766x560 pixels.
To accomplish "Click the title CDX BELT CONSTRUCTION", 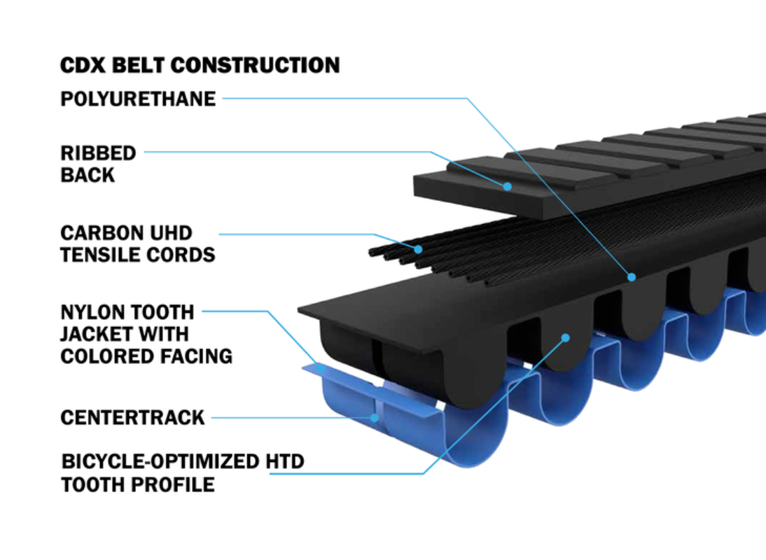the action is tap(200, 65).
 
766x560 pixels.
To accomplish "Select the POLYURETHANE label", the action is tap(138, 99).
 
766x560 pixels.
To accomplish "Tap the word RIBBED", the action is tap(98, 153).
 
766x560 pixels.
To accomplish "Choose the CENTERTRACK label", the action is tap(132, 417).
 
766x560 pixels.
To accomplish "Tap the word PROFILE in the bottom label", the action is tap(174, 485).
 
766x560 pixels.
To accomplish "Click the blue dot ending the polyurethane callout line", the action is tap(632, 277).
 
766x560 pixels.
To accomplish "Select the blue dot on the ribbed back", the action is tap(508, 186).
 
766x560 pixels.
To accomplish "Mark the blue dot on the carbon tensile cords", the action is tap(418, 249).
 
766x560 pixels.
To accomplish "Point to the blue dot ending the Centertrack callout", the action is tap(375, 418).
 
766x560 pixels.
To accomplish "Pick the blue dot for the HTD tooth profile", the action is tap(566, 338).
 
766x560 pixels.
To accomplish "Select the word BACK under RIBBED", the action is tap(88, 175).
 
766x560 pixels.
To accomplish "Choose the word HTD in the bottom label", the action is tap(285, 461).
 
